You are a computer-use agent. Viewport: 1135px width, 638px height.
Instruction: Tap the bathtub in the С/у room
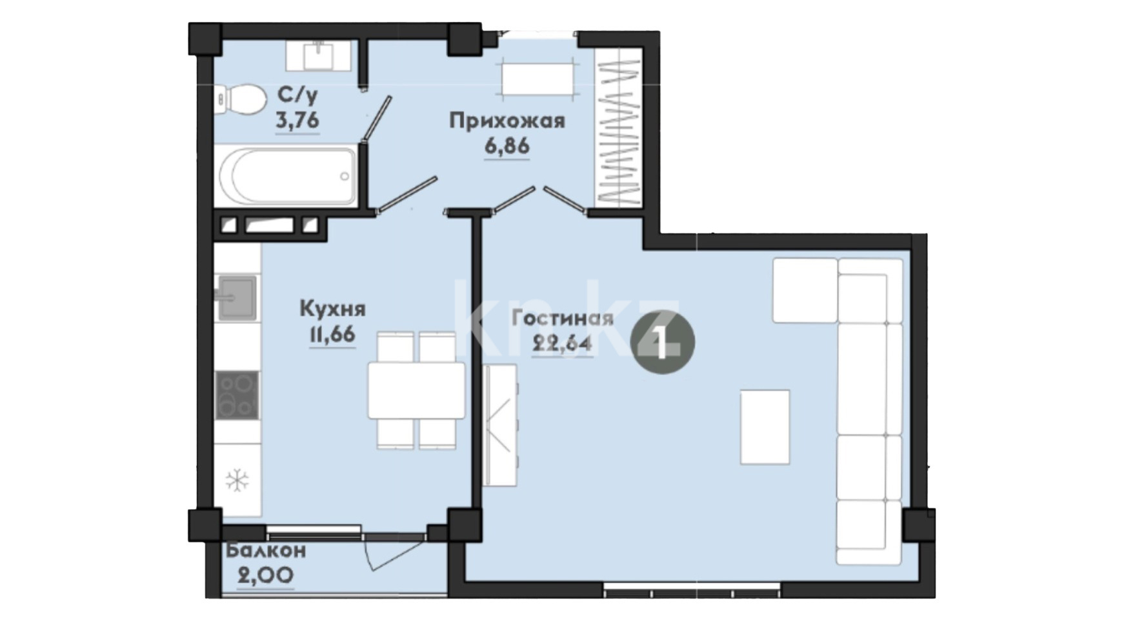point(286,175)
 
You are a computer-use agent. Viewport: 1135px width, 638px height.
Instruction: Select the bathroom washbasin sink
point(318,55)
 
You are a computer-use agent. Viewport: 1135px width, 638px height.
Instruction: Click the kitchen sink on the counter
point(236,298)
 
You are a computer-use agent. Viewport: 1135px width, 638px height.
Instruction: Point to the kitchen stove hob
point(237,395)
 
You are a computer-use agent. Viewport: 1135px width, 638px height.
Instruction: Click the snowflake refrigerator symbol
point(237,481)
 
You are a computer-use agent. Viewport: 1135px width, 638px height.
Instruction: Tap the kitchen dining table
point(416,390)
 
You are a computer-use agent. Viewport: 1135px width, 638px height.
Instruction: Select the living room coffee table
point(765,427)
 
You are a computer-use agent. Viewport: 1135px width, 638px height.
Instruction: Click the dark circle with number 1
point(662,342)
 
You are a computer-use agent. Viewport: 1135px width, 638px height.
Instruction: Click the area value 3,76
point(297,121)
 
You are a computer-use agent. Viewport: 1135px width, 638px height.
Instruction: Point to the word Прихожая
point(507,121)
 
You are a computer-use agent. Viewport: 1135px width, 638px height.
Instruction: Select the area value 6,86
point(507,146)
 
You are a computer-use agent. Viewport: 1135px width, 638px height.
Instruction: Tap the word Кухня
point(332,309)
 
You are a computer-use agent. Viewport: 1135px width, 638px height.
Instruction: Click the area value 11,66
point(332,335)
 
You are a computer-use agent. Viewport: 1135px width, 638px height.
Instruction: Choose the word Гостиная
point(562,318)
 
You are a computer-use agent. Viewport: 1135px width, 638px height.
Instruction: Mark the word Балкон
point(266,551)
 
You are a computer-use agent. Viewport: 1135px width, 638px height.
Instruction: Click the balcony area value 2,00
point(266,575)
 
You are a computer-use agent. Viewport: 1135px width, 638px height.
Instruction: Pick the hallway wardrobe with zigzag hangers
point(619,127)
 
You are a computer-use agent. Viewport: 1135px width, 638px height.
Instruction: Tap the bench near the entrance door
point(538,80)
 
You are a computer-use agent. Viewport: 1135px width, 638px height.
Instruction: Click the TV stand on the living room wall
point(500,425)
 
